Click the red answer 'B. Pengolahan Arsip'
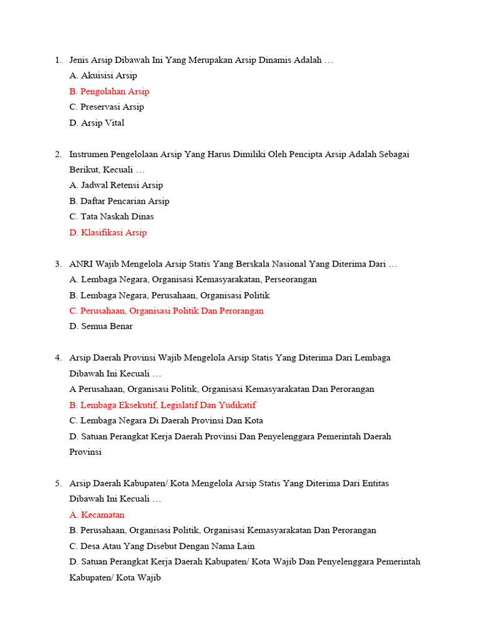click(x=109, y=92)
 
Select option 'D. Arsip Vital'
click(x=97, y=123)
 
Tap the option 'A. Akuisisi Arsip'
click(x=103, y=75)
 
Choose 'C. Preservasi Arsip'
click(x=107, y=107)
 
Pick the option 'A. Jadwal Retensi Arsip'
click(x=116, y=185)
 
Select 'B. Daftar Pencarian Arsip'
click(x=119, y=201)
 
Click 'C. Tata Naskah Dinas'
click(x=112, y=217)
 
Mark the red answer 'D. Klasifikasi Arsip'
click(x=108, y=232)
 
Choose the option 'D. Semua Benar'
click(x=101, y=326)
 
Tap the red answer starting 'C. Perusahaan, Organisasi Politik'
click(x=167, y=311)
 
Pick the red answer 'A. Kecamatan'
click(x=97, y=515)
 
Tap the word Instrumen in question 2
click(x=90, y=154)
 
